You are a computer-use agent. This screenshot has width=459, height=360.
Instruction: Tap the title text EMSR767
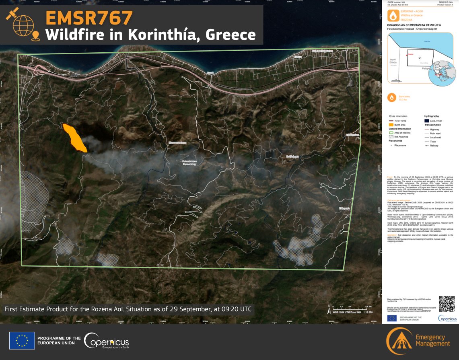click(x=89, y=18)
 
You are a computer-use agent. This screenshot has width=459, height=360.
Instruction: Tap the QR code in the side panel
click(x=447, y=304)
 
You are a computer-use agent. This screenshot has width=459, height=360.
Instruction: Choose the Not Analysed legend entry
click(x=401, y=137)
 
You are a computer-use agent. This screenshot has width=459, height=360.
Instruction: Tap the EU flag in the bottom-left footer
click(x=22, y=341)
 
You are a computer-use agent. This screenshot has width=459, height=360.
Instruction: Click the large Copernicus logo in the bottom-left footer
click(x=107, y=341)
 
